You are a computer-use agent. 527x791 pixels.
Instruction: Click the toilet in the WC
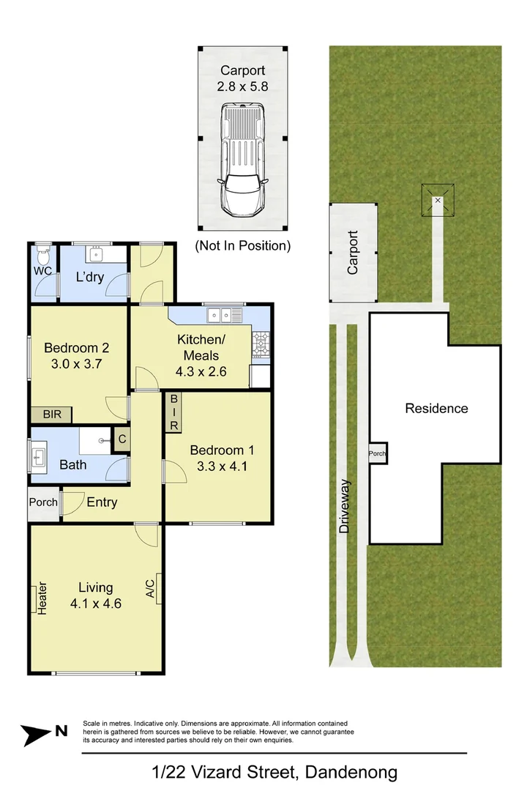pyautogui.click(x=42, y=256)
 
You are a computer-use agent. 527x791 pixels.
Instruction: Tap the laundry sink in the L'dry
pyautogui.click(x=97, y=255)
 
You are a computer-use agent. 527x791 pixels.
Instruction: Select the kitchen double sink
pyautogui.click(x=224, y=316)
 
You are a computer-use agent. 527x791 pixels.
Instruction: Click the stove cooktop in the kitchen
pyautogui.click(x=261, y=344)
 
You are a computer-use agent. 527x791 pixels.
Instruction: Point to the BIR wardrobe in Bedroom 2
pyautogui.click(x=51, y=415)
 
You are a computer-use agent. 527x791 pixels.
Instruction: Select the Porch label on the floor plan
pyautogui.click(x=43, y=502)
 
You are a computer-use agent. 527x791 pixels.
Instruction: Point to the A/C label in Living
pyautogui.click(x=150, y=588)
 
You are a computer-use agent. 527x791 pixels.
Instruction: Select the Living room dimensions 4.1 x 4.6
pyautogui.click(x=95, y=604)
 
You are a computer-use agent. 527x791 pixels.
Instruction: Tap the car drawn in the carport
pyautogui.click(x=242, y=157)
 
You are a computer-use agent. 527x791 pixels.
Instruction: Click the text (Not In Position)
pyautogui.click(x=242, y=246)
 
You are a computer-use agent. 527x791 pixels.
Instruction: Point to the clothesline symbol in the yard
pyautogui.click(x=438, y=199)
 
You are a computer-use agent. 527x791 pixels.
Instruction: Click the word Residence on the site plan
pyautogui.click(x=436, y=409)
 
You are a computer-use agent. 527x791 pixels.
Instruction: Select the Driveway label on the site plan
pyautogui.click(x=345, y=505)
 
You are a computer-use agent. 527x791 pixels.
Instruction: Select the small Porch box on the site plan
pyautogui.click(x=378, y=453)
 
